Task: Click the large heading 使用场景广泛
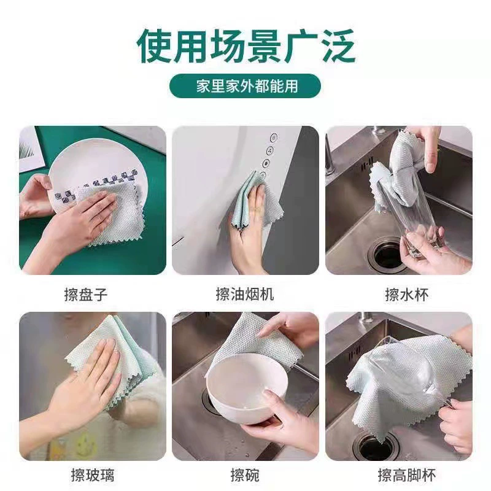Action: coord(246,47)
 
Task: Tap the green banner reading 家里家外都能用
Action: coord(245,86)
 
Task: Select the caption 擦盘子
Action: coord(86,295)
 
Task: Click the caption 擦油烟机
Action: coord(245,294)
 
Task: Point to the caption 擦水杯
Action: coord(407,295)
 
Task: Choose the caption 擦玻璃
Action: coord(93,474)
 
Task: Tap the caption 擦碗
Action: coord(245,474)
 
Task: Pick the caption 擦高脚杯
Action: coord(406,474)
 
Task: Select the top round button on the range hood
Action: coord(274,137)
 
